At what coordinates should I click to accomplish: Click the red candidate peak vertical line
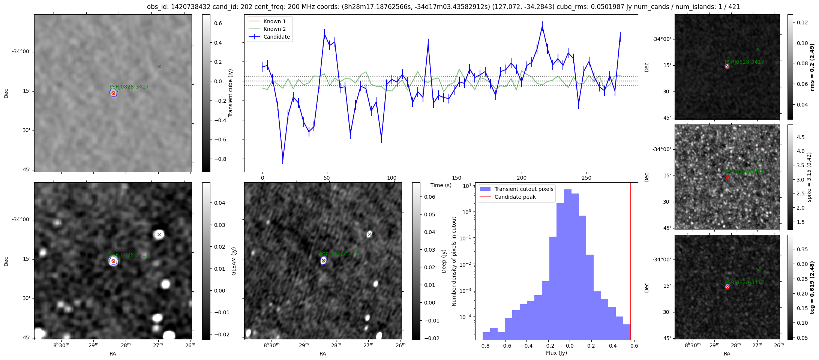pos(631,262)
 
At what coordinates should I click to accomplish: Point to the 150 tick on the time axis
pos(457,178)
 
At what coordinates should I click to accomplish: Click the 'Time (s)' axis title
pos(441,185)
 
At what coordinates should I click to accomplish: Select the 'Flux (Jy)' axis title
pos(556,353)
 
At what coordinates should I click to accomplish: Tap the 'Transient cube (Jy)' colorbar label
pos(231,93)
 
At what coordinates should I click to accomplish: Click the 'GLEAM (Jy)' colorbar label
pos(234,261)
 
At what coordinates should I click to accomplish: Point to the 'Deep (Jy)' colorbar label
pos(444,261)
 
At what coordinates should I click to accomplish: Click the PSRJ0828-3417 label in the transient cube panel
pos(129,87)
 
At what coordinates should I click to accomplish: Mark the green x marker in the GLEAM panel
pos(159,234)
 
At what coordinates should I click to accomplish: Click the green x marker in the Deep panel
pos(369,234)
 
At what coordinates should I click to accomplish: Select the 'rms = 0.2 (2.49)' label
pos(812,67)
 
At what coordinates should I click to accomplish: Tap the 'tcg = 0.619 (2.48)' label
pos(812,287)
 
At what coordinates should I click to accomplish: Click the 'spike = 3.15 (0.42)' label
pos(809,177)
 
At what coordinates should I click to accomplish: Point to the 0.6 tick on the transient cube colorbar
pos(218,23)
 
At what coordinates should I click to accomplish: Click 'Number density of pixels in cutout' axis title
pos(454,261)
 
